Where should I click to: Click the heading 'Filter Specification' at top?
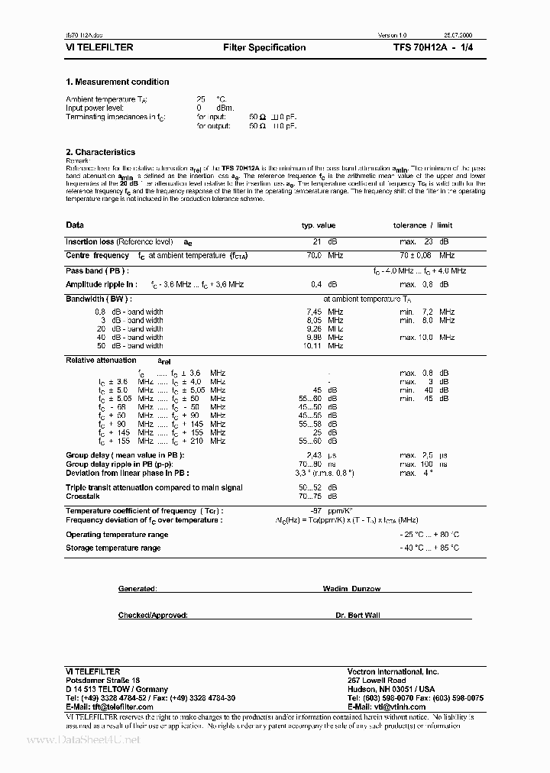pos(264,47)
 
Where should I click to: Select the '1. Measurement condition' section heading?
pos(117,82)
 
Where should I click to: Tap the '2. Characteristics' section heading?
pos(100,152)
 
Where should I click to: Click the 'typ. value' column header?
pos(318,225)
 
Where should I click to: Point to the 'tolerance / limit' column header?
pos(422,225)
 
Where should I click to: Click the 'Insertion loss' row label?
pos(90,241)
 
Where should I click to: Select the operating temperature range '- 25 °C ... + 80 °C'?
pos(429,535)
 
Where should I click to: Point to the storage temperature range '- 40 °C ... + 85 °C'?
pos(429,548)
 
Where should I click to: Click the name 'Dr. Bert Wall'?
pos(357,615)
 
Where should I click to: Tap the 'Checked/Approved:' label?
pos(153,615)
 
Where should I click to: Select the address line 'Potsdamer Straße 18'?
pos(103,680)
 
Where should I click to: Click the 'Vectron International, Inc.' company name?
pos(393,671)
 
